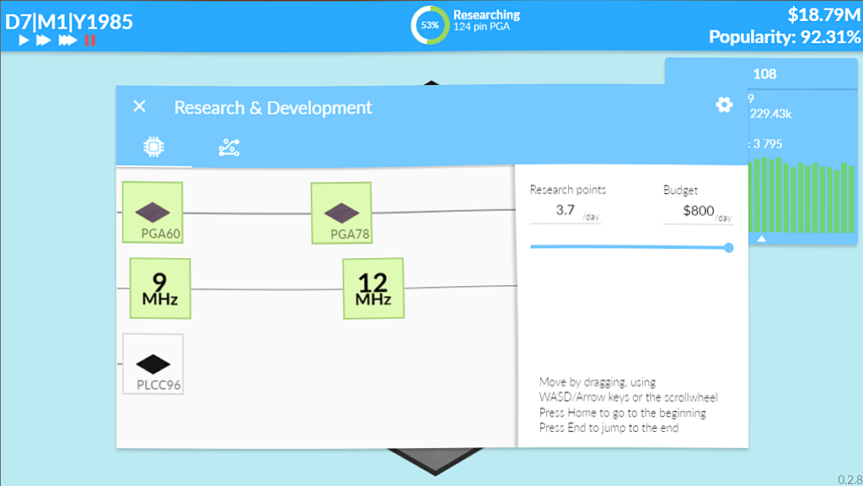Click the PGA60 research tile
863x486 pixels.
(153, 212)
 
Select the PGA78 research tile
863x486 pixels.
(341, 213)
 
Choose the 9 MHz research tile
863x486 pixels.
(160, 289)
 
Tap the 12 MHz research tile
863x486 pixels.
(373, 289)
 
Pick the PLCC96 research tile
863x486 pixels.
(153, 364)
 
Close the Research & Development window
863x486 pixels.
(140, 106)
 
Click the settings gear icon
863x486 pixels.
(724, 105)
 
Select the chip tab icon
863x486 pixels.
(153, 147)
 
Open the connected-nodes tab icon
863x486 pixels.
(229, 148)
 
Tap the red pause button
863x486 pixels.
(90, 40)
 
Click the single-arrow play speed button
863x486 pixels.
(24, 40)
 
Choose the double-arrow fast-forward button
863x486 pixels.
(44, 40)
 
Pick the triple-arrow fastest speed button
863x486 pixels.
(67, 40)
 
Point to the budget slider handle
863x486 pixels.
(729, 248)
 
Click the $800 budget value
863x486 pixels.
(699, 210)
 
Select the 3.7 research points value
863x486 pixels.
(566, 210)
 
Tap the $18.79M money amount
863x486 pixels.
(824, 15)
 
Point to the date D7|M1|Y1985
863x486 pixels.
(69, 21)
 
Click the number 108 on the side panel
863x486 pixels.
(764, 74)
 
